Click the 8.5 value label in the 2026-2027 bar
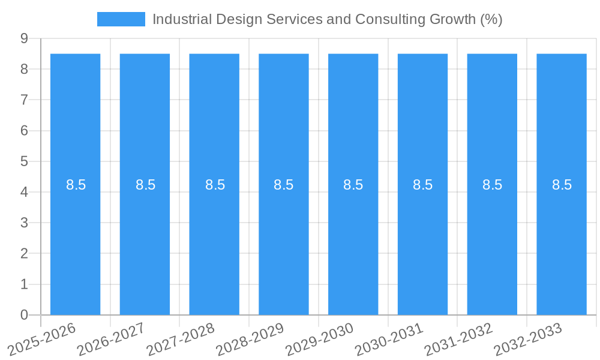pos(145,185)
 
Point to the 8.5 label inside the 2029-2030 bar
pos(353,185)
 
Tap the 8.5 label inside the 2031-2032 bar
pos(492,185)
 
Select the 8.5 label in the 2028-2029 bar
pos(284,185)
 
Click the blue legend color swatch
pos(121,19)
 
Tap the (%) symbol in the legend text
pos(491,19)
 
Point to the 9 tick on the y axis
pos(25,38)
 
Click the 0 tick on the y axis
pos(25,315)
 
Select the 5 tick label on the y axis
pos(25,161)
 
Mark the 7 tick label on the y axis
pos(25,100)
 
